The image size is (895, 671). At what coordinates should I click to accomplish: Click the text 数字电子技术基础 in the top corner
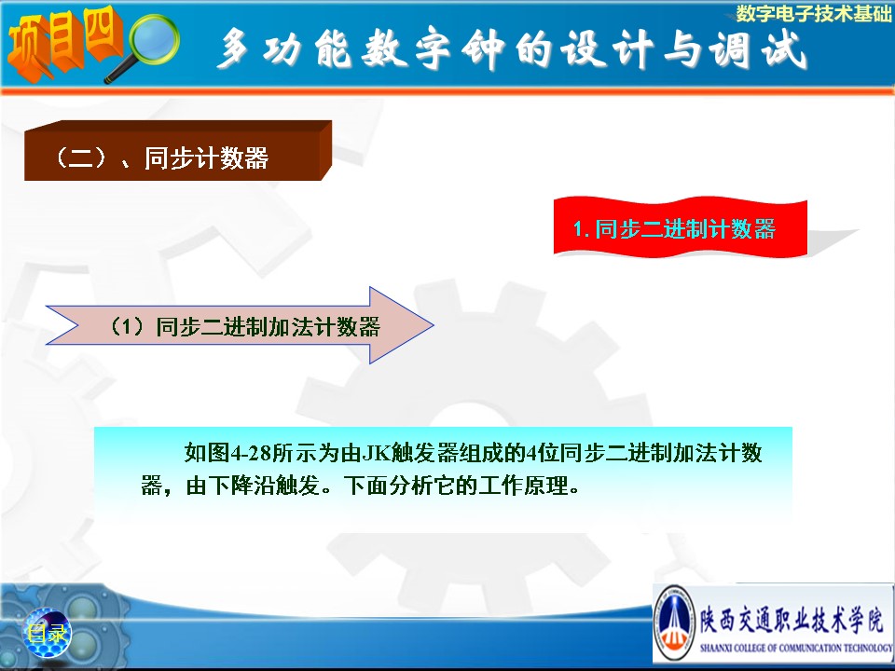[813, 13]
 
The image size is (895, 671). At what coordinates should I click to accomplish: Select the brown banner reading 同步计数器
[177, 151]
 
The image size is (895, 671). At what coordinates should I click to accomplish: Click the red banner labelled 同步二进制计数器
[681, 227]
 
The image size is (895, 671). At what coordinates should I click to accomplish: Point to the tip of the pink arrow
[434, 325]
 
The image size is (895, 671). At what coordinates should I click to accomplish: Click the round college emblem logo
[675, 623]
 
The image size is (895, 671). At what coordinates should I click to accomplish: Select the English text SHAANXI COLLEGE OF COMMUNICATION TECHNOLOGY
[796, 648]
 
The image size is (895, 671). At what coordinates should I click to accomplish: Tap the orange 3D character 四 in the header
[103, 34]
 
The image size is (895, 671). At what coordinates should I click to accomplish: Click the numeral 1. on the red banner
[581, 229]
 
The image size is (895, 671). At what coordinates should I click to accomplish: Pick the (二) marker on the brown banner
[80, 157]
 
